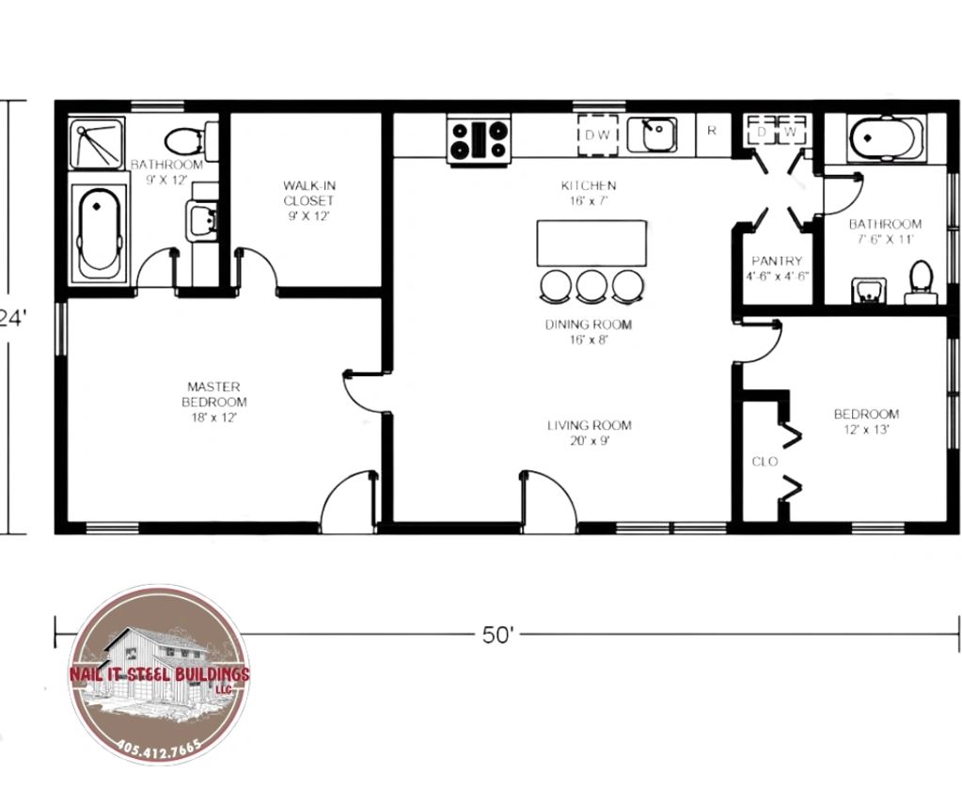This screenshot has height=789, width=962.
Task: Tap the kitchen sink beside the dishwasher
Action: coord(652,135)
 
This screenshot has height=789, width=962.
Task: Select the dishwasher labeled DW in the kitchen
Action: coord(597,135)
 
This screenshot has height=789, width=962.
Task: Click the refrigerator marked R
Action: coord(712,131)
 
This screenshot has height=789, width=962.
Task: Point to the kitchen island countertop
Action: coord(591,243)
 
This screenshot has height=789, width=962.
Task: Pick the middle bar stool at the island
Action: coord(591,286)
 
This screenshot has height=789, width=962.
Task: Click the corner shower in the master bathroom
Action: coord(97,144)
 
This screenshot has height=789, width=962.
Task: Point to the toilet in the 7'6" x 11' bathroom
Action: coord(921,283)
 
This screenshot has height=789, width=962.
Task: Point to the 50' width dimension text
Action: coord(497,635)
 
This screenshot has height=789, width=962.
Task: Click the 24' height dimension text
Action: coord(13,319)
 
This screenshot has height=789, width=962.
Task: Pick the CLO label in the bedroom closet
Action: coord(765,462)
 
